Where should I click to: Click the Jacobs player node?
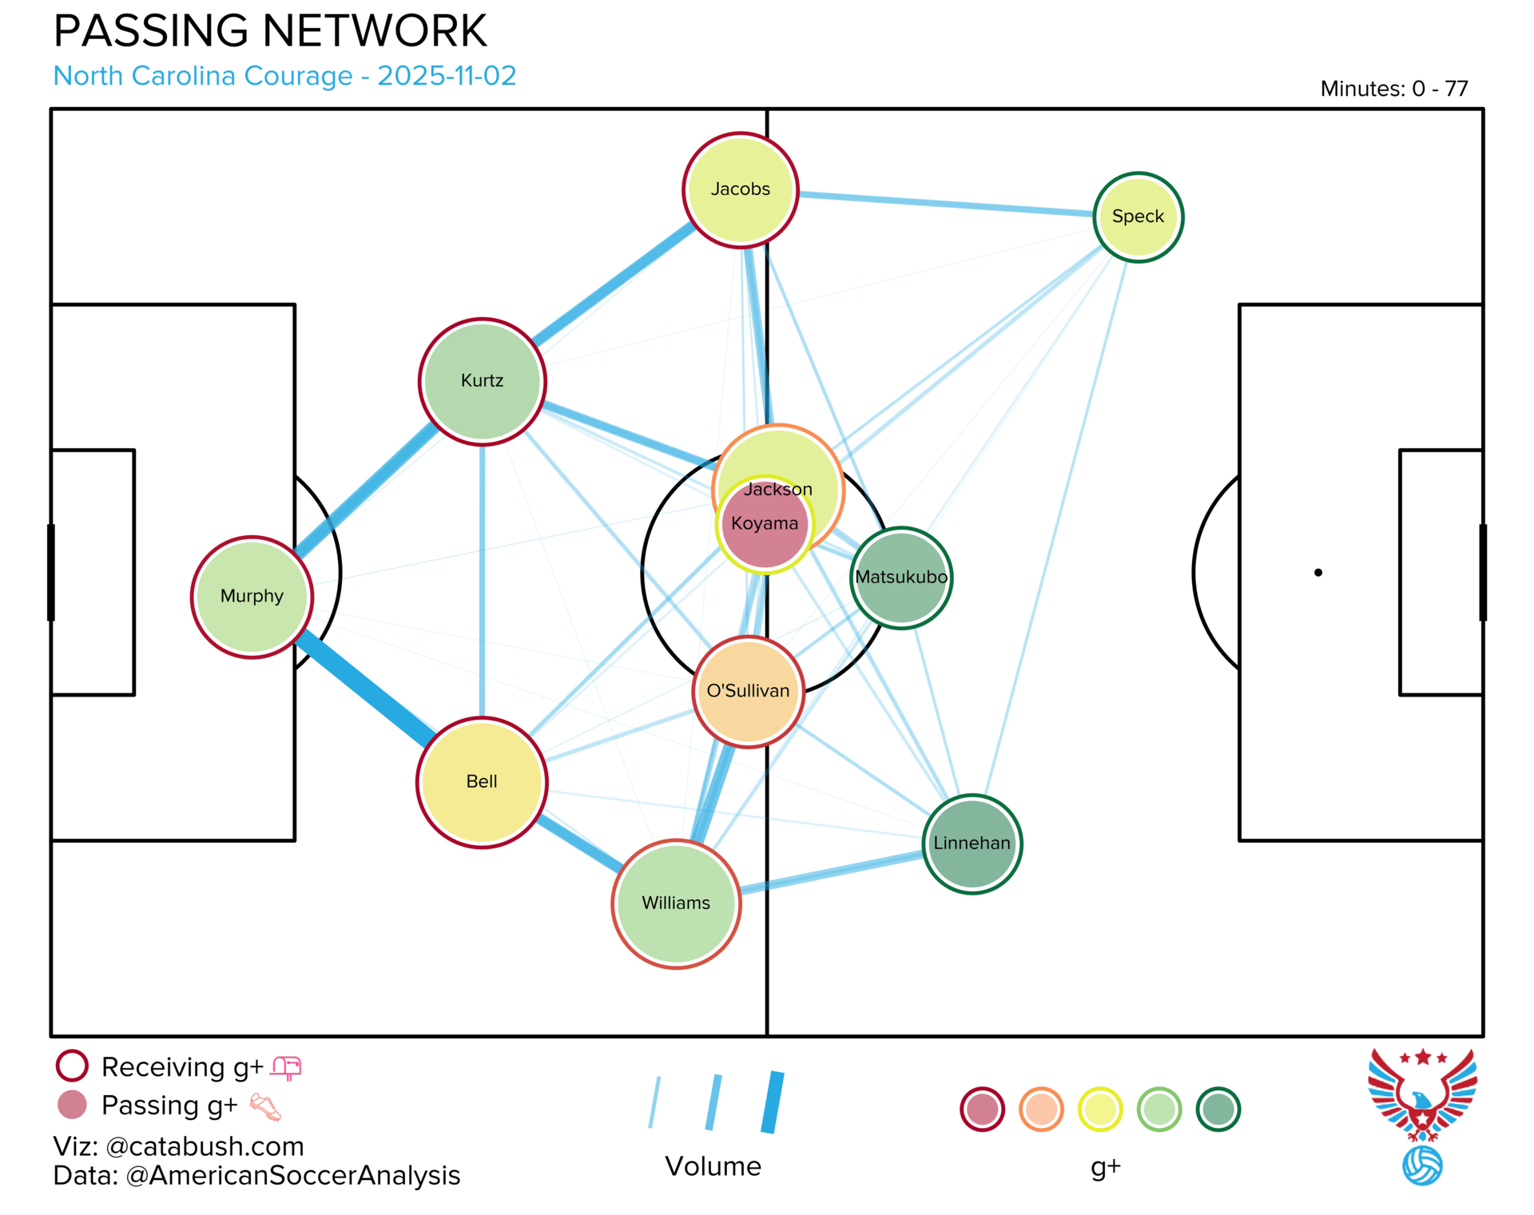tap(741, 190)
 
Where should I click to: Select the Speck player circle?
tap(1138, 216)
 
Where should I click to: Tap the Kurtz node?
tap(482, 381)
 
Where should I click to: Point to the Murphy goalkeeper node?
tap(252, 597)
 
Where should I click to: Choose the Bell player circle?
tap(482, 782)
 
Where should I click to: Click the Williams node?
tap(676, 903)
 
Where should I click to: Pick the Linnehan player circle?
tap(972, 844)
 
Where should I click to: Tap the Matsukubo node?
tap(901, 578)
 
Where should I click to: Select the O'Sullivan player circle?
tap(748, 692)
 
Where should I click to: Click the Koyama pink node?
tap(765, 525)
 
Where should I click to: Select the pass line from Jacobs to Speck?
tap(943, 204)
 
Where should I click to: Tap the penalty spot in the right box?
tap(1317, 573)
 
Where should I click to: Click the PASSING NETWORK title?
tap(270, 32)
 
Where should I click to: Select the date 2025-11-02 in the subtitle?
tap(447, 76)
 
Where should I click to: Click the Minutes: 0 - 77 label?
tap(1393, 89)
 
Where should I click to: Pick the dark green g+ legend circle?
tap(1218, 1110)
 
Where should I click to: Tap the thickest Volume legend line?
tap(773, 1102)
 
